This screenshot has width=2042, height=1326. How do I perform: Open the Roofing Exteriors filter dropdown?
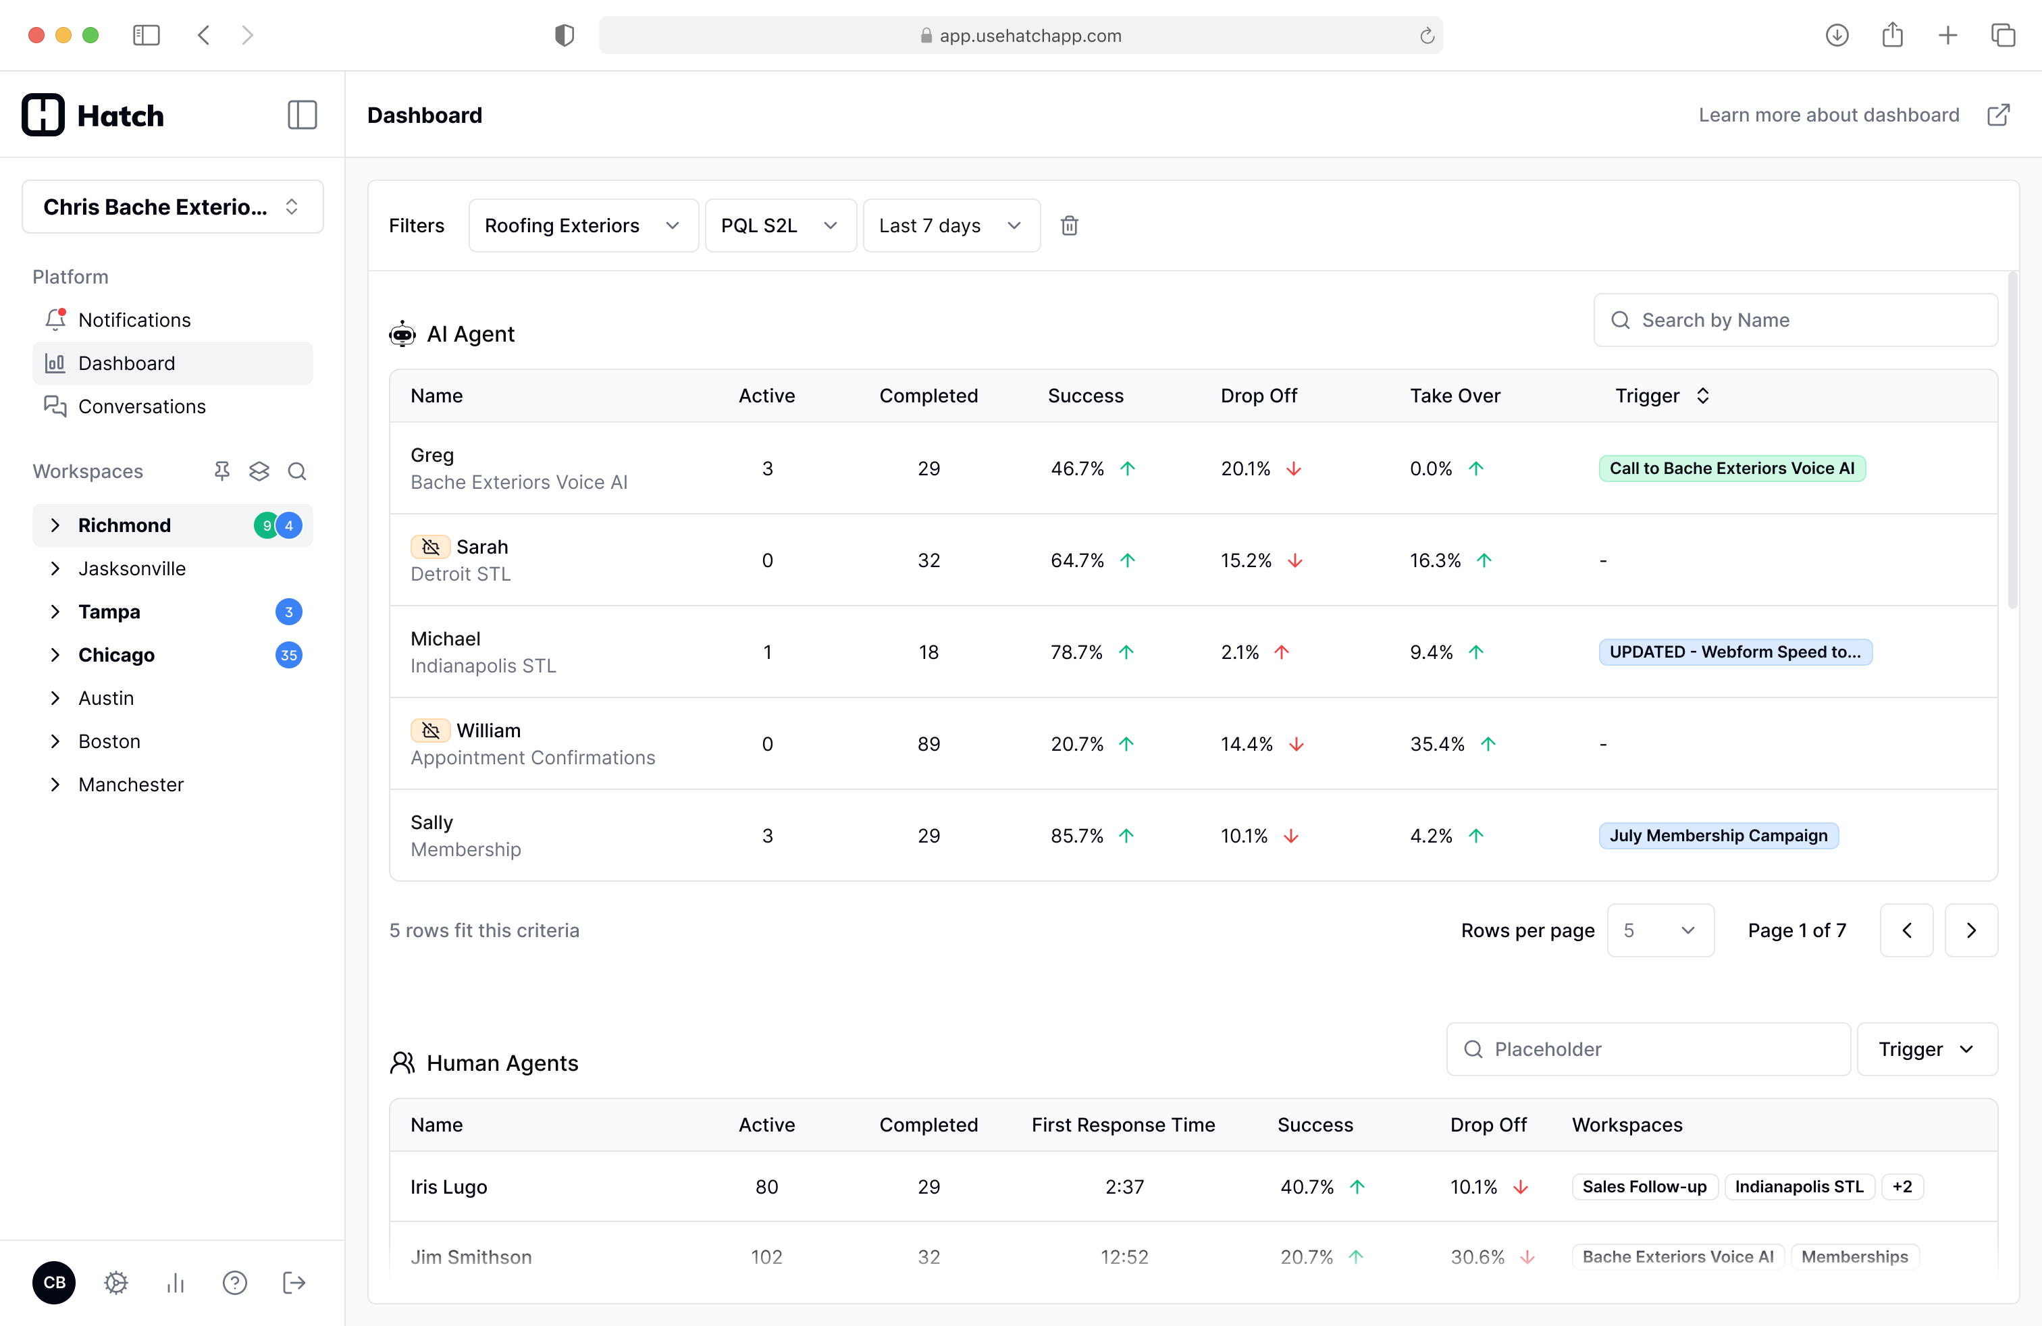pos(583,226)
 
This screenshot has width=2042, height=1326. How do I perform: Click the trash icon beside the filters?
pos(1069,226)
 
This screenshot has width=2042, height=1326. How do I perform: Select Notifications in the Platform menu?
pos(134,320)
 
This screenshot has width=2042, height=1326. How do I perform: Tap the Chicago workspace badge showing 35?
pos(288,656)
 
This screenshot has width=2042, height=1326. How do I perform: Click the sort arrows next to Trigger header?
pos(1703,396)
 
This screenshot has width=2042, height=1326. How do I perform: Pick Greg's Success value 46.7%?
pos(1077,469)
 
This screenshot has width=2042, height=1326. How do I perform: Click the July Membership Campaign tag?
pos(1718,835)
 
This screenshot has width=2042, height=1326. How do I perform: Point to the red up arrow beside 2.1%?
pos(1282,652)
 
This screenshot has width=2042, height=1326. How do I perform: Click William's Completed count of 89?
pos(928,743)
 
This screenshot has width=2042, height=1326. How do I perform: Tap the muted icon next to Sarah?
pos(431,546)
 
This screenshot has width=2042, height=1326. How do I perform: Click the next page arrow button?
pos(1971,930)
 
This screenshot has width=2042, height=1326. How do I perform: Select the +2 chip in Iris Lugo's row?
pos(1902,1186)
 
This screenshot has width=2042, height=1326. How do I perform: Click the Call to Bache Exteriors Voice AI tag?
pos(1731,469)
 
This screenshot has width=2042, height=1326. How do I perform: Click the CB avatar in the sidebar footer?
pos(54,1282)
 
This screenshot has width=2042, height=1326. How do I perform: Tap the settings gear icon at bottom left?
pos(116,1282)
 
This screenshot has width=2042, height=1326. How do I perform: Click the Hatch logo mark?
pos(43,115)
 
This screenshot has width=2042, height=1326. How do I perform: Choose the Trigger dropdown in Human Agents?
pos(1926,1049)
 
